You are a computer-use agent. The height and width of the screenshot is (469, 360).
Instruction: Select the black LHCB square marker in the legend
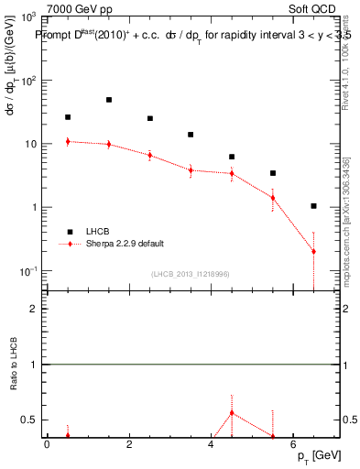(x=68, y=232)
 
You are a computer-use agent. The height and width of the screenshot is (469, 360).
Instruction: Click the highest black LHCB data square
(x=109, y=100)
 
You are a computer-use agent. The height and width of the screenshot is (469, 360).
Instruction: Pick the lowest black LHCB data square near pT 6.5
(x=313, y=206)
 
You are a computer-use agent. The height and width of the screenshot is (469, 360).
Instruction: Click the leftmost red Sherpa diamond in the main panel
(x=68, y=141)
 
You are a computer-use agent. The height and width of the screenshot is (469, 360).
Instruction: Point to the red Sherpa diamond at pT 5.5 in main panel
(x=273, y=198)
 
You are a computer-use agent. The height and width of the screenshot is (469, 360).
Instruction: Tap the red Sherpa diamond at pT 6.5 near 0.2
(x=313, y=251)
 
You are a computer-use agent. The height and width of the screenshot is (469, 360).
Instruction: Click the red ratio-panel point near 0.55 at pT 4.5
(x=232, y=413)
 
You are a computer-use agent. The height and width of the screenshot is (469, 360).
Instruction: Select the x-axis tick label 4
(x=211, y=445)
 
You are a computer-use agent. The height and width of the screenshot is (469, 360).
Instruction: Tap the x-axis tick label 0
(x=47, y=445)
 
